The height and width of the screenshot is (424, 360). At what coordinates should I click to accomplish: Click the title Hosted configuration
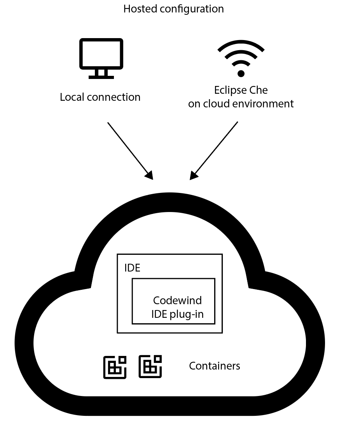pos(173,9)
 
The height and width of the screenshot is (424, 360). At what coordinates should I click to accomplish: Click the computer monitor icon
pos(101,58)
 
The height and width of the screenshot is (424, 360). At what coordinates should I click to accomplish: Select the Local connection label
pos(100,97)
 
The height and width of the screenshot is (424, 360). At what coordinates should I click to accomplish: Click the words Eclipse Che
pos(241,90)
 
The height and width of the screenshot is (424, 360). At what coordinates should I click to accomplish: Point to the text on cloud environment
pos(241,104)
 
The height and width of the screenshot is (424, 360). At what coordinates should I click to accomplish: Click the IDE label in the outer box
pos(132,268)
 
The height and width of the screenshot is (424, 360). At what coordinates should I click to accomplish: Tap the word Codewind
pos(177,300)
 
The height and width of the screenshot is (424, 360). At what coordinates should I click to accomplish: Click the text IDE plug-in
pos(177,314)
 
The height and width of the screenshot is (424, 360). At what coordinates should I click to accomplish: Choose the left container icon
pos(115,367)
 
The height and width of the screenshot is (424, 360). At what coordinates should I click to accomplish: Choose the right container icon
pos(150,367)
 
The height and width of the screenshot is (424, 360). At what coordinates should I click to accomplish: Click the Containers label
pos(214,366)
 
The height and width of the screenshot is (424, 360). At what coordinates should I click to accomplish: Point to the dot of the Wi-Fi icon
pos(241,73)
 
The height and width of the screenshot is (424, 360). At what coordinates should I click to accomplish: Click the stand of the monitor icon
pos(101,74)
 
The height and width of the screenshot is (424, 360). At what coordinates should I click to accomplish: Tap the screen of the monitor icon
pos(101,53)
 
